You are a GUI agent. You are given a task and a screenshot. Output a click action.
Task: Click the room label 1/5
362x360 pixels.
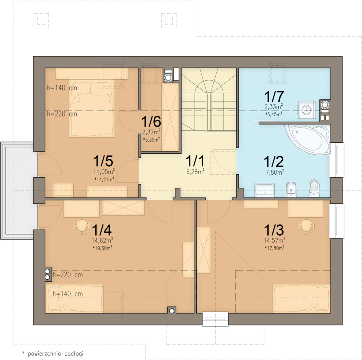pyautogui.click(x=103, y=161)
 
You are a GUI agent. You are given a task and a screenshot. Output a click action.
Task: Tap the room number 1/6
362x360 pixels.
pyautogui.click(x=151, y=121)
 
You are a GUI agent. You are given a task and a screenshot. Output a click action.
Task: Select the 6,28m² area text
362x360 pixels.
pyautogui.click(x=195, y=171)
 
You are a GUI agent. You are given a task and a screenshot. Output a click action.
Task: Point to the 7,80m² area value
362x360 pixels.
pyautogui.click(x=275, y=172)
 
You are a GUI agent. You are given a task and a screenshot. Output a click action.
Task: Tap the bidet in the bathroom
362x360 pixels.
pyautogui.click(x=291, y=189)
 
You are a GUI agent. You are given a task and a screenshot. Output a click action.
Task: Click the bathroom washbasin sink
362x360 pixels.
pyautogui.click(x=264, y=190)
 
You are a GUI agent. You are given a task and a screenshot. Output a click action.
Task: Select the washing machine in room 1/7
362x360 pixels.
pyautogui.click(x=307, y=110)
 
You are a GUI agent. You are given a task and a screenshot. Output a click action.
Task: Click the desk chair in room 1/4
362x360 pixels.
pyautogui.click(x=82, y=226)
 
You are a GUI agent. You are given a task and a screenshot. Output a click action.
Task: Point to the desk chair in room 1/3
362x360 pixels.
pyautogui.click(x=306, y=226)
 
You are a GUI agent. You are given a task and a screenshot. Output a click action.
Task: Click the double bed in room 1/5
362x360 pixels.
pyautogui.click(x=92, y=108)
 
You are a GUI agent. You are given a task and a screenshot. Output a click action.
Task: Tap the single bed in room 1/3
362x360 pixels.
pyautogui.click(x=301, y=299)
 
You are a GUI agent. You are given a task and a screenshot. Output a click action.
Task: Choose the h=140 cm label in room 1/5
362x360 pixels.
pyautogui.click(x=62, y=88)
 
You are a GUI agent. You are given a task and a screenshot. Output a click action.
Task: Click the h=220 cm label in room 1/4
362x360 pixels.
pyautogui.click(x=67, y=275)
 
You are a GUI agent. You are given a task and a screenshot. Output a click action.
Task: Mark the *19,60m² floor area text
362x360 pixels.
pyautogui.click(x=102, y=248)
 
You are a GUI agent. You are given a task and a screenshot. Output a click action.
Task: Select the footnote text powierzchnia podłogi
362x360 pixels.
pyautogui.click(x=56, y=354)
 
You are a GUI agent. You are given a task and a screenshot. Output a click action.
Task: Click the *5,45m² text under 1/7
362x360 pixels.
pyautogui.click(x=274, y=114)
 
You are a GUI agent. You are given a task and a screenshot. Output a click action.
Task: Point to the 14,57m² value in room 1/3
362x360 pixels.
pyautogui.click(x=274, y=240)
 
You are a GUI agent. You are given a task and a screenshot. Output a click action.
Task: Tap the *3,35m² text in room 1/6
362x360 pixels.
pyautogui.click(x=151, y=139)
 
